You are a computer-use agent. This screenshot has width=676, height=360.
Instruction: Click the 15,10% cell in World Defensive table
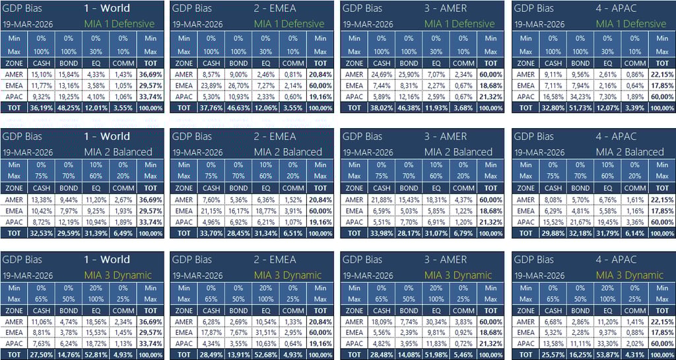click(x=42, y=75)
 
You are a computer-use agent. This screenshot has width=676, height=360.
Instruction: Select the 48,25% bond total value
click(x=68, y=108)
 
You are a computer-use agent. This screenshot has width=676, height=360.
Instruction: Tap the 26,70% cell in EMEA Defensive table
click(x=238, y=86)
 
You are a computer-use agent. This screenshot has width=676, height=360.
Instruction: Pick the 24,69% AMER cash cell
click(x=382, y=75)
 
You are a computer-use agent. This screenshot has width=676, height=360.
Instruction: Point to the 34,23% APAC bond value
click(x=580, y=96)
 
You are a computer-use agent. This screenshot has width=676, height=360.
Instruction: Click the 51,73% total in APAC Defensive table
click(x=580, y=108)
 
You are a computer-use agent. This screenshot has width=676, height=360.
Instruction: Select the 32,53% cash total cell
click(x=42, y=233)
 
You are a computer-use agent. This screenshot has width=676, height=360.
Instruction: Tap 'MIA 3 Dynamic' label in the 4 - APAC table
click(x=630, y=275)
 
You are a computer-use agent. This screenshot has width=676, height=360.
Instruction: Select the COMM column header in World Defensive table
click(x=123, y=63)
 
